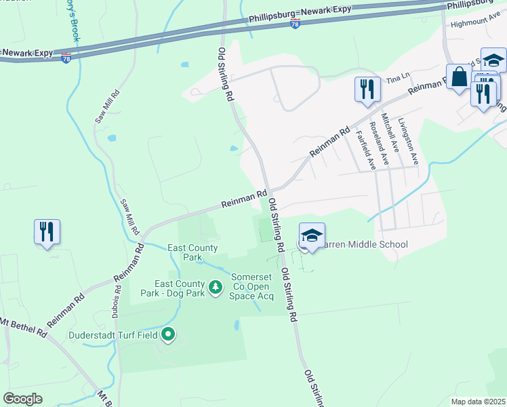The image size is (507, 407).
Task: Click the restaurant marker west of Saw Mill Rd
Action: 47,233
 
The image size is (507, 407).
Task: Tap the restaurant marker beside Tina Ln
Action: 367,90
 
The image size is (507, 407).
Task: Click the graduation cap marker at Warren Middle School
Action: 312,236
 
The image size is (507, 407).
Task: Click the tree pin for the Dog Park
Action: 216,288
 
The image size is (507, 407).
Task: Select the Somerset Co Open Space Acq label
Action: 252,286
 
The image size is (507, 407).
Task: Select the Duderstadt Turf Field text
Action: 113,334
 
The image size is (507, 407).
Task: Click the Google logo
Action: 22,399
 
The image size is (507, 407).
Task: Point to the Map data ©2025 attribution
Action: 478,402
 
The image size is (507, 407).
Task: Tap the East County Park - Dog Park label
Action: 180,288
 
